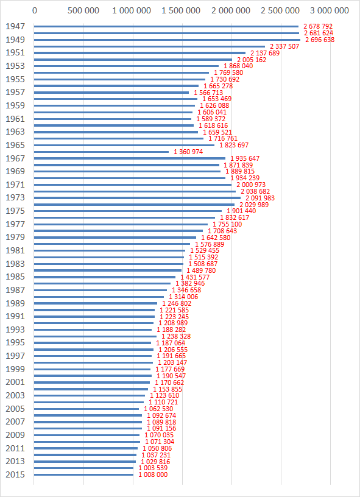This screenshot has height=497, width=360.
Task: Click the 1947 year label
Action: (x=15, y=26)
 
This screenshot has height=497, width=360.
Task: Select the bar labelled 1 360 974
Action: (x=101, y=152)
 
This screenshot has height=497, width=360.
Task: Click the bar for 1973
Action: (x=137, y=198)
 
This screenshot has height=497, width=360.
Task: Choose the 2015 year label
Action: (x=15, y=475)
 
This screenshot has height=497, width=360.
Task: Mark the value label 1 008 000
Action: (x=152, y=475)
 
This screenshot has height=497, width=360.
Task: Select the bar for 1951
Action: (x=139, y=53)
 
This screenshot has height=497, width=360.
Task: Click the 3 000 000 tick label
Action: (x=330, y=10)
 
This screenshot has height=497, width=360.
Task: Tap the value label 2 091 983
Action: (x=260, y=198)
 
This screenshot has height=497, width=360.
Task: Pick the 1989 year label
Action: (x=15, y=303)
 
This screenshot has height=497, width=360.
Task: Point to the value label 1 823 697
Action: (x=234, y=145)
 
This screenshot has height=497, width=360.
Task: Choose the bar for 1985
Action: (x=105, y=277)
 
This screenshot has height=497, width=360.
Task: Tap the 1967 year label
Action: (x=15, y=158)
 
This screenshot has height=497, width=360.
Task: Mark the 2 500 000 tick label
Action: (x=281, y=10)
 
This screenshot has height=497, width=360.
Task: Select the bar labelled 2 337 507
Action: (x=149, y=46)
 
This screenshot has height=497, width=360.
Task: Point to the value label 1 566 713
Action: (x=208, y=93)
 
